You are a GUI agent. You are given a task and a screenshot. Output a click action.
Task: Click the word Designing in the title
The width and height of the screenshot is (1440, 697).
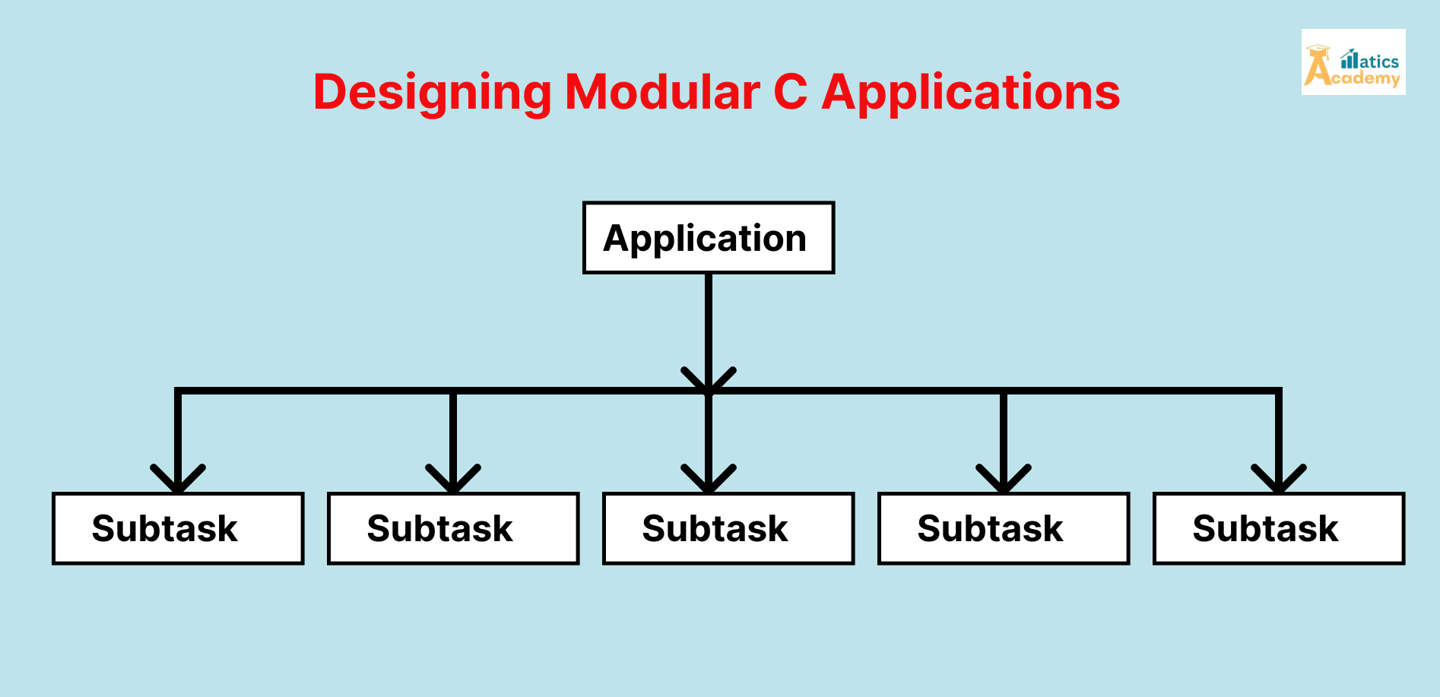(x=432, y=93)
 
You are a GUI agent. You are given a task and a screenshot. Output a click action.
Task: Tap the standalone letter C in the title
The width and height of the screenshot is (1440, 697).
(x=790, y=93)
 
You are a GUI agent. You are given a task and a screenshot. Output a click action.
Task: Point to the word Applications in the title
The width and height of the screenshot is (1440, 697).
(x=971, y=93)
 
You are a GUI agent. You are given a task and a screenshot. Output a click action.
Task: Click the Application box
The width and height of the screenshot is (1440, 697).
(x=708, y=238)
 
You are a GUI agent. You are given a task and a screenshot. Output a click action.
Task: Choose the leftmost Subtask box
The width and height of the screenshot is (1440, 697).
(x=178, y=528)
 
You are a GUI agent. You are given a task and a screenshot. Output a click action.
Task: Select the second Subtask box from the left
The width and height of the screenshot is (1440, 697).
(x=453, y=528)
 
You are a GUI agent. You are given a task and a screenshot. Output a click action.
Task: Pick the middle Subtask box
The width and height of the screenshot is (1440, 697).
(x=728, y=528)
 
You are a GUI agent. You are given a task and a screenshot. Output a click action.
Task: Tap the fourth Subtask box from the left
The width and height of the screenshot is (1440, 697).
(x=1004, y=528)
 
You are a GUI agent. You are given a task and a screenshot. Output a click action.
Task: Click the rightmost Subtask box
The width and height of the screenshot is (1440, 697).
(x=1279, y=528)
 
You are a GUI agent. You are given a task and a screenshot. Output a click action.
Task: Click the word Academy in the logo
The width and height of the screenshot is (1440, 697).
(x=1366, y=79)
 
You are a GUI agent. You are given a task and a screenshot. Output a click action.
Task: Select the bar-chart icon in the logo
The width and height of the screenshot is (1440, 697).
(x=1350, y=59)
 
